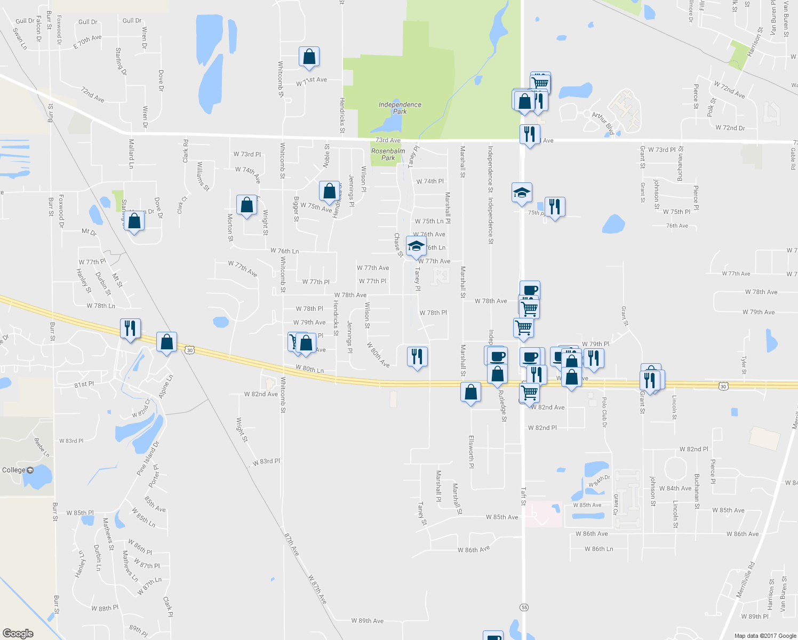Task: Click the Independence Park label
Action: [x=400, y=108]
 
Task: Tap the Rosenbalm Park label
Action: [x=388, y=154]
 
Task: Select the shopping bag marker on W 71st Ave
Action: [x=309, y=57]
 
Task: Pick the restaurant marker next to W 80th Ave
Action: [x=417, y=356]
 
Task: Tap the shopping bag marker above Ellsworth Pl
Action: [x=470, y=393]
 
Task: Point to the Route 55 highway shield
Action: [x=524, y=607]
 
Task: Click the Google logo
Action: [x=18, y=633]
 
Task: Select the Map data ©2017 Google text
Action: [x=765, y=636]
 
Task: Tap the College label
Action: [x=14, y=470]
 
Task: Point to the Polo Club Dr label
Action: [x=604, y=411]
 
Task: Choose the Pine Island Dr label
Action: [x=148, y=458]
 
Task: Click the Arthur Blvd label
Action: [x=602, y=122]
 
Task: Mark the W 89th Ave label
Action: [x=367, y=621]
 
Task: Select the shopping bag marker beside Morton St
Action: [x=246, y=205]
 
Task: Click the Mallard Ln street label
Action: [x=131, y=154]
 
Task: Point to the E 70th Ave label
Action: [x=87, y=42]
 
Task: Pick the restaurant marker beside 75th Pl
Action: [x=555, y=206]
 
